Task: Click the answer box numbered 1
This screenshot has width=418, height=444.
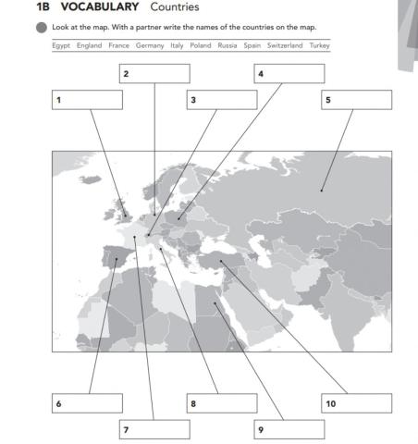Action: pyautogui.click(x=87, y=100)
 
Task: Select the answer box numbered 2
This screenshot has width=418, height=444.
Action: pyautogui.click(x=154, y=73)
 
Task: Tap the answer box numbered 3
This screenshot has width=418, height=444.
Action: pyautogui.click(x=221, y=100)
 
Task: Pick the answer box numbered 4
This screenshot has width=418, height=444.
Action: pyautogui.click(x=289, y=73)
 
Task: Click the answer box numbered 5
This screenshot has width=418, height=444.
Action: pyautogui.click(x=356, y=100)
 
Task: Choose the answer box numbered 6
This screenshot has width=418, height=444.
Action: pyautogui.click(x=87, y=403)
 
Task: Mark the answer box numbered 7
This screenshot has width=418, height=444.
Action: pyautogui.click(x=154, y=430)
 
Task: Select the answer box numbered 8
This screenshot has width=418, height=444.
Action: pyautogui.click(x=221, y=403)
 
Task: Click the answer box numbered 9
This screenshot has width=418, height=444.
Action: pyautogui.click(x=289, y=430)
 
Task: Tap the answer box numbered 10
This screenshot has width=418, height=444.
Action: pyautogui.click(x=356, y=403)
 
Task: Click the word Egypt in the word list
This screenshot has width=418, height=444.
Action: pyautogui.click(x=61, y=45)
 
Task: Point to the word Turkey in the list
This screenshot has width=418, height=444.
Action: pyautogui.click(x=320, y=45)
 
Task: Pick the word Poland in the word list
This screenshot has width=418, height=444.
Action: pyautogui.click(x=201, y=45)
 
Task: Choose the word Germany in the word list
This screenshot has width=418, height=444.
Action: pyautogui.click(x=149, y=45)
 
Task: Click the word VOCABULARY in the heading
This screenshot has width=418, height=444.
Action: pyautogui.click(x=100, y=7)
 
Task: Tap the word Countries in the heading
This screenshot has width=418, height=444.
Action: pyautogui.click(x=175, y=7)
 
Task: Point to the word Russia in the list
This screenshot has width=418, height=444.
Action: pyautogui.click(x=227, y=45)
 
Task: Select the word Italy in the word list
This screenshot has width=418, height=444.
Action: pyautogui.click(x=177, y=45)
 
